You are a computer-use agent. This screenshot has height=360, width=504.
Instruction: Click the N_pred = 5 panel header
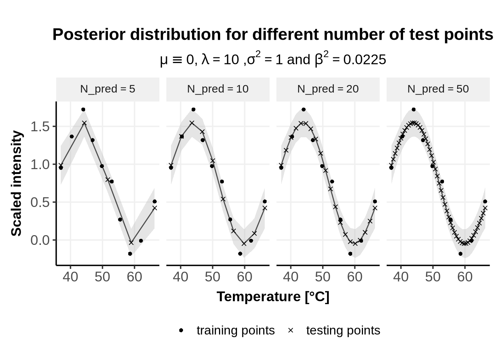tap(108, 89)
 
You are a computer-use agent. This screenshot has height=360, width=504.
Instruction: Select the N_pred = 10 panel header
tap(218, 89)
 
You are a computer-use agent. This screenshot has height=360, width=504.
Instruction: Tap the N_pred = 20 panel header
tap(328, 89)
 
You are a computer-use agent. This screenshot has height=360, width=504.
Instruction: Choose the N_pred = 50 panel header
tap(438, 89)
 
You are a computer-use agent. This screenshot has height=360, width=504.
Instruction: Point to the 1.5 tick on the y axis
tap(40, 127)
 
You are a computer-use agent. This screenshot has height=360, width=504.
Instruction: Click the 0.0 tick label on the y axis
tap(40, 240)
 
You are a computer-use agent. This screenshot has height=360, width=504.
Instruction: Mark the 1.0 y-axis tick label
tap(40, 165)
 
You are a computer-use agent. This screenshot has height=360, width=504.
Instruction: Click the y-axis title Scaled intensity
tap(16, 183)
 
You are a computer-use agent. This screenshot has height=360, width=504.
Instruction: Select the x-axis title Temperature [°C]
tap(273, 297)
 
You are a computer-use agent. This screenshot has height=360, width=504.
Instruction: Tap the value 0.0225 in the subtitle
tap(364, 60)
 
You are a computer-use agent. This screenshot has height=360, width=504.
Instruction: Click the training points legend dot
tap(181, 330)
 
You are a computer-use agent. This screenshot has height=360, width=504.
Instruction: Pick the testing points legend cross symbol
tap(291, 330)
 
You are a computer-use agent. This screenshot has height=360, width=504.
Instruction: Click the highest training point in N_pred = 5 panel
tap(83, 109)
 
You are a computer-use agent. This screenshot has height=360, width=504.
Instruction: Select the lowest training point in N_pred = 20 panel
tap(350, 254)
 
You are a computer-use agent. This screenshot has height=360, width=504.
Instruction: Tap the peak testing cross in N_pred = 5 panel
tap(84, 123)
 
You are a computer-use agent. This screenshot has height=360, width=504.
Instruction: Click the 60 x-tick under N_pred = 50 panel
tap(465, 277)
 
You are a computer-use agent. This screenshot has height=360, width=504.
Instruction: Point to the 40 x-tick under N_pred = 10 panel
tap(180, 277)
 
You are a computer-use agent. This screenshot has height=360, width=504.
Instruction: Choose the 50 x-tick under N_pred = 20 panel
tap(322, 277)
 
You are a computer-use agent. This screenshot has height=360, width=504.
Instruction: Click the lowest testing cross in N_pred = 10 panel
tap(244, 243)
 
